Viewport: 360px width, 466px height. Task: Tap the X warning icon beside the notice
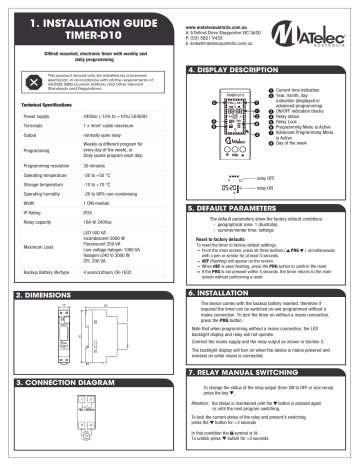click(35, 79)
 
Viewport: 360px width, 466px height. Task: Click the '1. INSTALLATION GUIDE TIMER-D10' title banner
click(90, 25)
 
